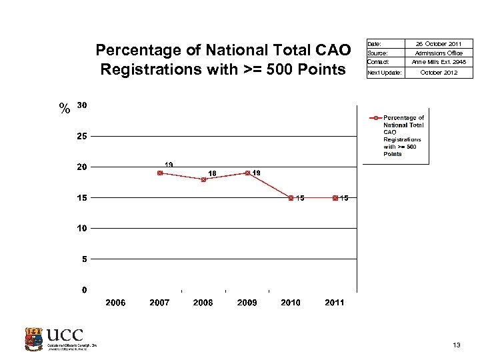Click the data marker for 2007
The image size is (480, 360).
pos(160,173)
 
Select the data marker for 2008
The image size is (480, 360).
pos(203,179)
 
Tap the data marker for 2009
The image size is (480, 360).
pos(247,173)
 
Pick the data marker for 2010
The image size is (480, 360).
pos(291,197)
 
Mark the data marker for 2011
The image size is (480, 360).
pos(335,197)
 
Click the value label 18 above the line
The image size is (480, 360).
pos(212,173)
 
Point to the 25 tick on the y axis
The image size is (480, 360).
pos(81,136)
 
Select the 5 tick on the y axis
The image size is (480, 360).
pos(83,259)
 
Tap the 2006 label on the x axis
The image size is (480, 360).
pos(116,303)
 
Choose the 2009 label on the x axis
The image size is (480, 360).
pos(247,303)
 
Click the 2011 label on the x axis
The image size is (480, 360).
pos(335,303)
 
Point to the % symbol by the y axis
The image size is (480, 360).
pos(64,109)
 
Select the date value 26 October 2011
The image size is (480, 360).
pos(439,44)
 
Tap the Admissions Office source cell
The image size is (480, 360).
pos(439,53)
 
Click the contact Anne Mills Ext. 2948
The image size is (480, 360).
pos(439,62)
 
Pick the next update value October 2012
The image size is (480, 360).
pos(439,72)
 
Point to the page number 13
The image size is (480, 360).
pos(456,345)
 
